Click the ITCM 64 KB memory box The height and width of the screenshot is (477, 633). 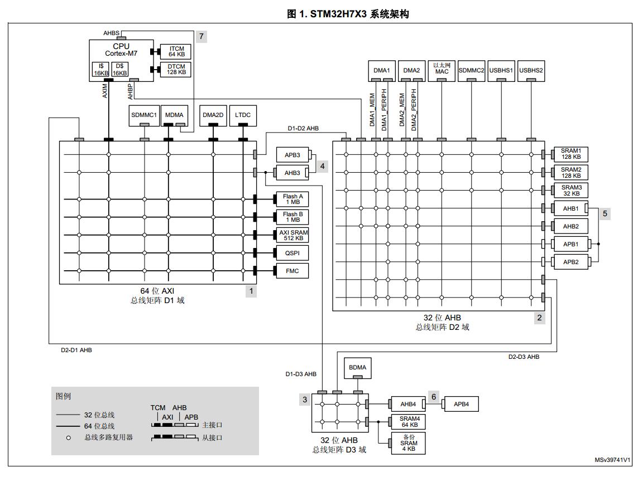(175, 51)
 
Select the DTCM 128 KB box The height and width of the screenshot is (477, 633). (175, 70)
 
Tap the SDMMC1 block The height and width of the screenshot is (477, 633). (145, 115)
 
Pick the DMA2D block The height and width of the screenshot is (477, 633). (213, 115)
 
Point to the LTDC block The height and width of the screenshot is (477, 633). (243, 115)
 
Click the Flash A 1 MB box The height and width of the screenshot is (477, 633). (292, 199)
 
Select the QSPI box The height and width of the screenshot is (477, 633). (292, 253)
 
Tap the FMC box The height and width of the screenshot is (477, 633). (292, 271)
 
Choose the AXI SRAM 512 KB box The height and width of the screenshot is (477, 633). (293, 235)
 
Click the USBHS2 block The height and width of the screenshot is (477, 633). (531, 71)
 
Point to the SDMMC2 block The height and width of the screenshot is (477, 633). (472, 71)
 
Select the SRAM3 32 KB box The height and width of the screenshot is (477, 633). (571, 190)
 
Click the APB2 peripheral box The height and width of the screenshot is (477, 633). (570, 262)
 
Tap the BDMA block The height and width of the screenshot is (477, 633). (357, 367)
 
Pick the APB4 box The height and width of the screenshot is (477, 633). (461, 404)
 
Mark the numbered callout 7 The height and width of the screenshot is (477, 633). (201, 36)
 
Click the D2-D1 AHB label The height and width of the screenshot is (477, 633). (76, 351)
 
